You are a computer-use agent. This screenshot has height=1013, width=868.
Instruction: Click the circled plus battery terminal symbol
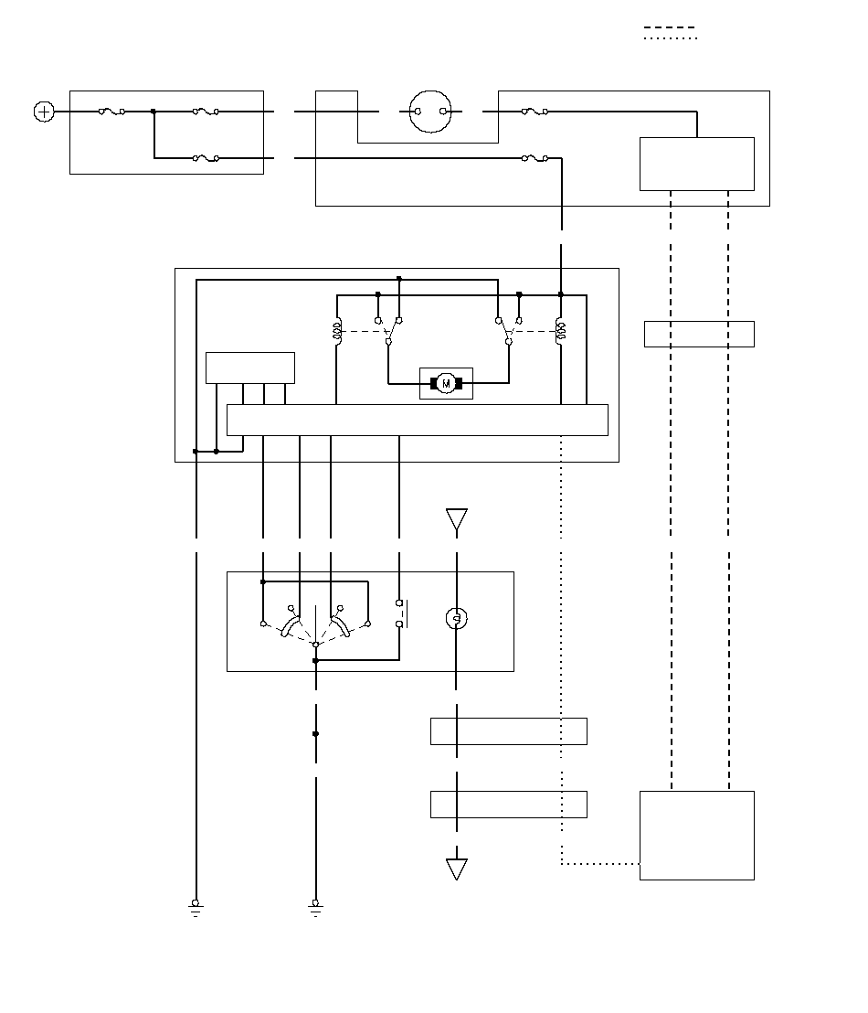44,112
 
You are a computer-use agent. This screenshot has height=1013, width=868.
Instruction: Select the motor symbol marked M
446,383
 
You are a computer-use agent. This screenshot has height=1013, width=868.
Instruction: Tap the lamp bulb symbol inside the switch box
456,619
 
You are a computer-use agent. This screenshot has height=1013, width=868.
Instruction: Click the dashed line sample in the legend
670,27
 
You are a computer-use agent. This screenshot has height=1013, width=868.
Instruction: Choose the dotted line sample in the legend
670,38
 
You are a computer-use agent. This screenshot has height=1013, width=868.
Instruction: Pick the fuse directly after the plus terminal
111,112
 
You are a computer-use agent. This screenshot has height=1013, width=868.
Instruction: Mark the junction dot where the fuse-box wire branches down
153,112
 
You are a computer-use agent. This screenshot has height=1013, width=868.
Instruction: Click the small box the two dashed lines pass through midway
699,334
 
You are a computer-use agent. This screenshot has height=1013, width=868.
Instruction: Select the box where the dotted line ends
696,835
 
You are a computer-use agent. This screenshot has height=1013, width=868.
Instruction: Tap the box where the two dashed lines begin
696,164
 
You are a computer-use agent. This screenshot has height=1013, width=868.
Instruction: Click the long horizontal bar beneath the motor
417,420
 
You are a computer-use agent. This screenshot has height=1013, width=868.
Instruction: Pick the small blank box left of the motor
250,368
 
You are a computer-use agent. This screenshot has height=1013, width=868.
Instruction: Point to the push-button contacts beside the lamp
399,613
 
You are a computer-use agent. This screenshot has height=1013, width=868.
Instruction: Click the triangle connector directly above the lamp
456,519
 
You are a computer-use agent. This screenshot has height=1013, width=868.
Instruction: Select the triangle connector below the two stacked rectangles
456,869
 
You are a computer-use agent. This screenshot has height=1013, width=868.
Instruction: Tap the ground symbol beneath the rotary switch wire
315,907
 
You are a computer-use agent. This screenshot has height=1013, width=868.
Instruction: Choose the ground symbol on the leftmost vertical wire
196,907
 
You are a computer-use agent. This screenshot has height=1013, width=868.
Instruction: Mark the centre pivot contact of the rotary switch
315,645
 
